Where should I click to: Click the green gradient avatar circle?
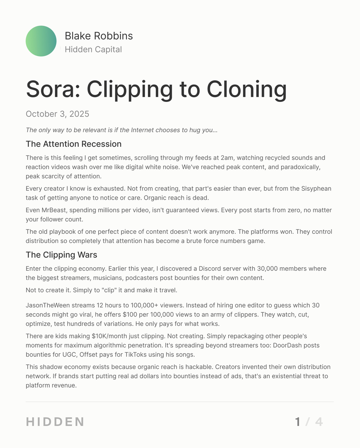(41, 41)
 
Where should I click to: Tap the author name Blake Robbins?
(99, 36)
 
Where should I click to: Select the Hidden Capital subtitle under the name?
(93, 49)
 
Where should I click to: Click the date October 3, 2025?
(58, 114)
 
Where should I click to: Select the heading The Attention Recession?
(74, 144)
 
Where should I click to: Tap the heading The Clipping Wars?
(61, 255)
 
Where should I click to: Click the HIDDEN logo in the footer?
(55, 422)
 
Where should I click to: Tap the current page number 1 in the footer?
(298, 422)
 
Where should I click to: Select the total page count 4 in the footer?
(319, 422)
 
